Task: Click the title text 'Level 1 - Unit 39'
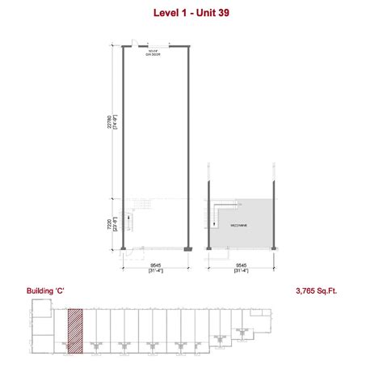coord(191,13)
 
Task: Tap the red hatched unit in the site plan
coord(74,330)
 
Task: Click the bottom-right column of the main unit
coord(188,246)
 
